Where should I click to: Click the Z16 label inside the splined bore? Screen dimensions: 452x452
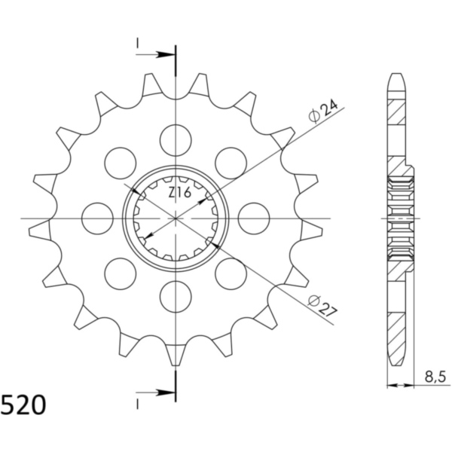tap(179, 194)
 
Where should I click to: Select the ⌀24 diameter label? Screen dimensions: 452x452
tap(322, 111)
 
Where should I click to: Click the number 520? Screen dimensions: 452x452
tap(23, 406)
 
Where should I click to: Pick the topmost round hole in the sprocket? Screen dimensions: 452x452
tap(176, 140)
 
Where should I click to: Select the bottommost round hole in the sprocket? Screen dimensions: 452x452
tap(176, 296)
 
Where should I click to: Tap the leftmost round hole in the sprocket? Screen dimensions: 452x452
tap(97, 218)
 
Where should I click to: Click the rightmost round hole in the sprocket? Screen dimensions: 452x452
tap(254, 218)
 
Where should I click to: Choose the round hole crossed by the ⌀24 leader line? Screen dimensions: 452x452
tap(231, 163)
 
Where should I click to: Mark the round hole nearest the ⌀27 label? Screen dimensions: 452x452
tap(231, 273)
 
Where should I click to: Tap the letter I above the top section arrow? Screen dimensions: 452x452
tap(138, 42)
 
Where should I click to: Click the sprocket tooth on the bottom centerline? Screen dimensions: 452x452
tap(176, 353)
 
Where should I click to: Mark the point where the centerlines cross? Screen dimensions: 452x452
tap(176, 218)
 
